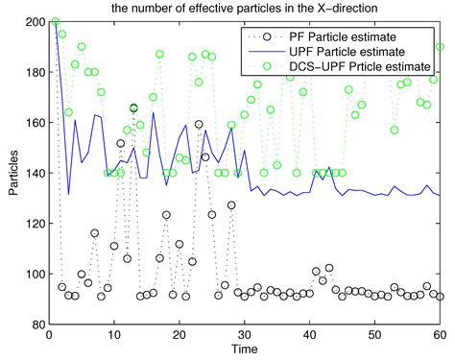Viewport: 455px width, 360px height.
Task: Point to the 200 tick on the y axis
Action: [x=36, y=21]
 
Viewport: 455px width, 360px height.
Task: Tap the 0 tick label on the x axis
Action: [x=49, y=335]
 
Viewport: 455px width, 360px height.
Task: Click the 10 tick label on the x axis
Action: [x=114, y=335]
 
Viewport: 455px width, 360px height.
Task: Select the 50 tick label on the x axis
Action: [x=375, y=335]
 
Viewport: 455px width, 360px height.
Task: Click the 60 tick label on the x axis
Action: [x=441, y=335]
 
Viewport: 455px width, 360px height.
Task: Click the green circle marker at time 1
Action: [x=56, y=21]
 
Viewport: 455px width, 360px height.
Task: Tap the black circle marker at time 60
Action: [x=441, y=297]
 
